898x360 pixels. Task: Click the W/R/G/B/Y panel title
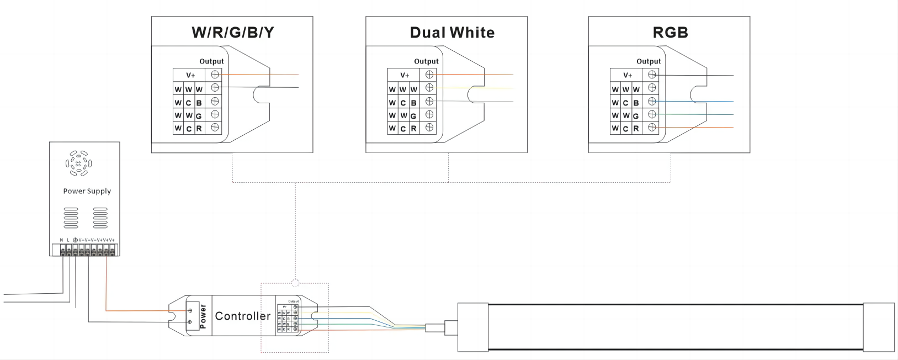[x=232, y=33]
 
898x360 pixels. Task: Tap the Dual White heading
[x=452, y=33]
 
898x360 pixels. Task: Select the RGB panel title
[x=670, y=33]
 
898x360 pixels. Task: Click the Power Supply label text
[x=87, y=191]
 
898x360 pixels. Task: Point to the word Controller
[x=242, y=316]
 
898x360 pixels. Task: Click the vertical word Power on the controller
[x=203, y=316]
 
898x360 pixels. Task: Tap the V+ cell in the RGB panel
[x=628, y=75]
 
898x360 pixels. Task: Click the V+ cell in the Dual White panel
[x=405, y=75]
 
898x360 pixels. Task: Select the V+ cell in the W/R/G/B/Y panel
[x=190, y=75]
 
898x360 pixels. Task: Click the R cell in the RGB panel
[x=636, y=129]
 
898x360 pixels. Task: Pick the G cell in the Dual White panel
[x=413, y=116]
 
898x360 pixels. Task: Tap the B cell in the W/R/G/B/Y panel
[x=199, y=103]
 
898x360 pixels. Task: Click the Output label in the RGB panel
[x=649, y=61]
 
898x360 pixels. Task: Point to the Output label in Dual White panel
[x=426, y=61]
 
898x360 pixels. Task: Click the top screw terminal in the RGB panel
[x=652, y=75]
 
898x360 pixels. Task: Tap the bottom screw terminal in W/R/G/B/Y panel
[x=215, y=128]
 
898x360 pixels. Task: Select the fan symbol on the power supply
[x=78, y=163]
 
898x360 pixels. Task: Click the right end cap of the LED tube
[x=879, y=327]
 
